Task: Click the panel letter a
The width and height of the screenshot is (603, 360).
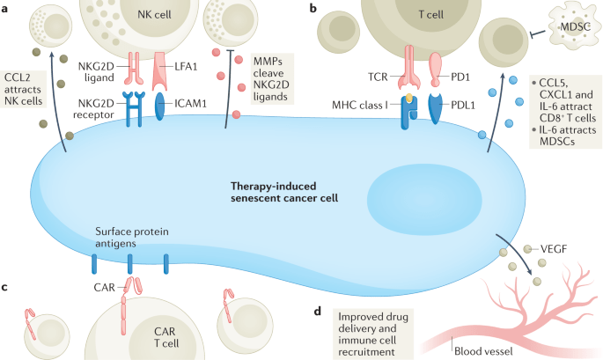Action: point(6,7)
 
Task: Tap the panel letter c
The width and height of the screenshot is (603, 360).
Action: point(6,287)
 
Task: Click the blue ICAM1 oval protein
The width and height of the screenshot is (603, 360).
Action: point(160,105)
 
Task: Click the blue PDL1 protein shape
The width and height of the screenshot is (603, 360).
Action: point(438,110)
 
